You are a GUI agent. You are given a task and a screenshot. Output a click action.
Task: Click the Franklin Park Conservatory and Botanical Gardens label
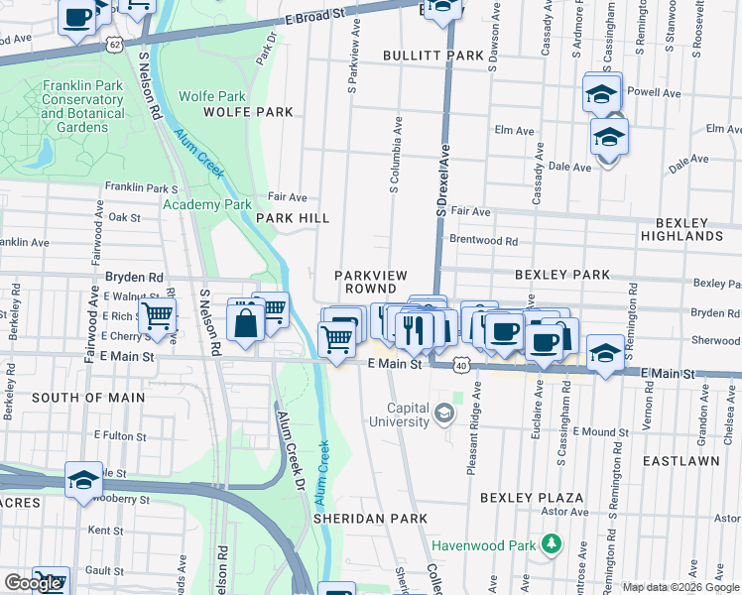tap(83, 107)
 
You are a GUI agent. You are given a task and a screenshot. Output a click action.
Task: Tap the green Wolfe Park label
tap(211, 97)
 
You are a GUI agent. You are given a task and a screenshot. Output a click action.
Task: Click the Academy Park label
tap(207, 204)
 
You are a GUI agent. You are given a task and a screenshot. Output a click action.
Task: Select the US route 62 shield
tap(116, 45)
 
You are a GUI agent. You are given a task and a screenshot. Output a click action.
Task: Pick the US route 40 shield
tap(462, 366)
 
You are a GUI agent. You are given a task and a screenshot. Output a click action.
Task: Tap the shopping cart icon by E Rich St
tap(156, 316)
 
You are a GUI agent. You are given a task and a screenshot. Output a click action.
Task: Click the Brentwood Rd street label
tap(483, 240)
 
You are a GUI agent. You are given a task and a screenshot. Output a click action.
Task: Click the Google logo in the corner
tap(33, 583)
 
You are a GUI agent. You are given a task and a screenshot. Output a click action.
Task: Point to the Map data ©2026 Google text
tap(680, 587)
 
